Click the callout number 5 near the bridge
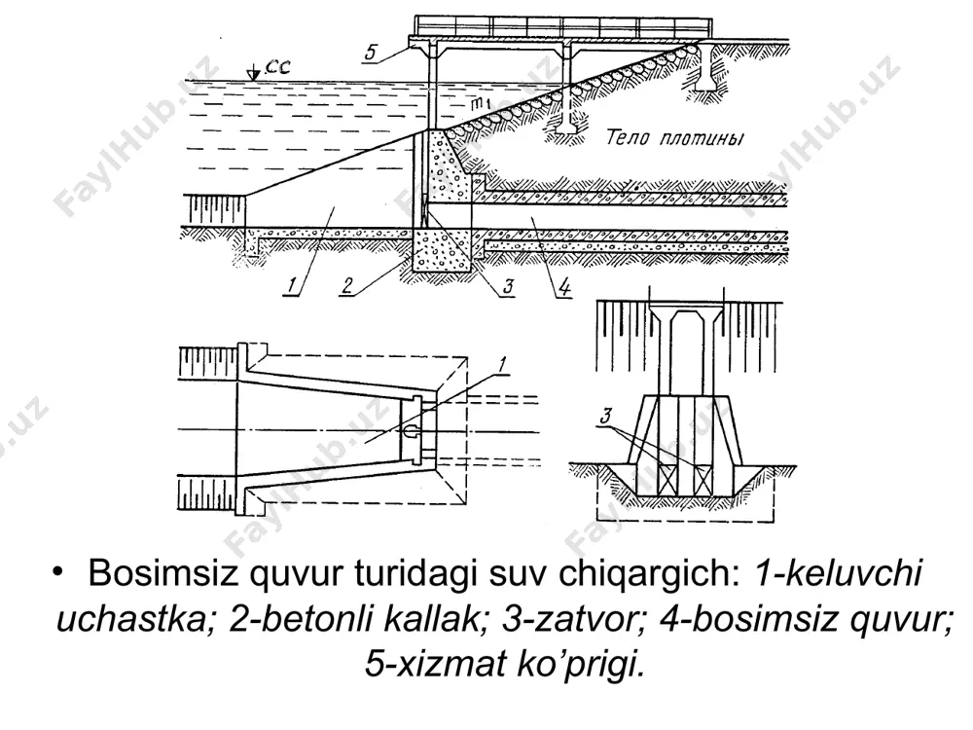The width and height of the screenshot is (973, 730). [371, 53]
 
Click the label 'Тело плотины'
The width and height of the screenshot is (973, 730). [674, 137]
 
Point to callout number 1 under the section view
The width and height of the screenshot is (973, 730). [292, 285]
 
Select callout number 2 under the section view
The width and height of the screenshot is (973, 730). [347, 285]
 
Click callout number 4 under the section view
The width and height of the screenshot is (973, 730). [564, 286]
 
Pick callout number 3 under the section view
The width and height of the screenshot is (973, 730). [508, 286]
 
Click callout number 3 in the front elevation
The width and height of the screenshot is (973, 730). [606, 416]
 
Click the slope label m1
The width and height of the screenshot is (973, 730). [483, 104]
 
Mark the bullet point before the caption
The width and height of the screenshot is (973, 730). [59, 571]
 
